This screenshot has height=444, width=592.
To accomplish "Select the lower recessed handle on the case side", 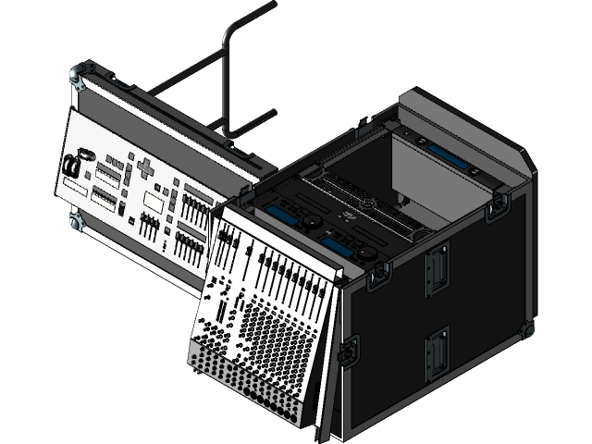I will tap(437, 353).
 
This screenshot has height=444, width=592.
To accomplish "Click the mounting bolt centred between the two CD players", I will tap(367, 204).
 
